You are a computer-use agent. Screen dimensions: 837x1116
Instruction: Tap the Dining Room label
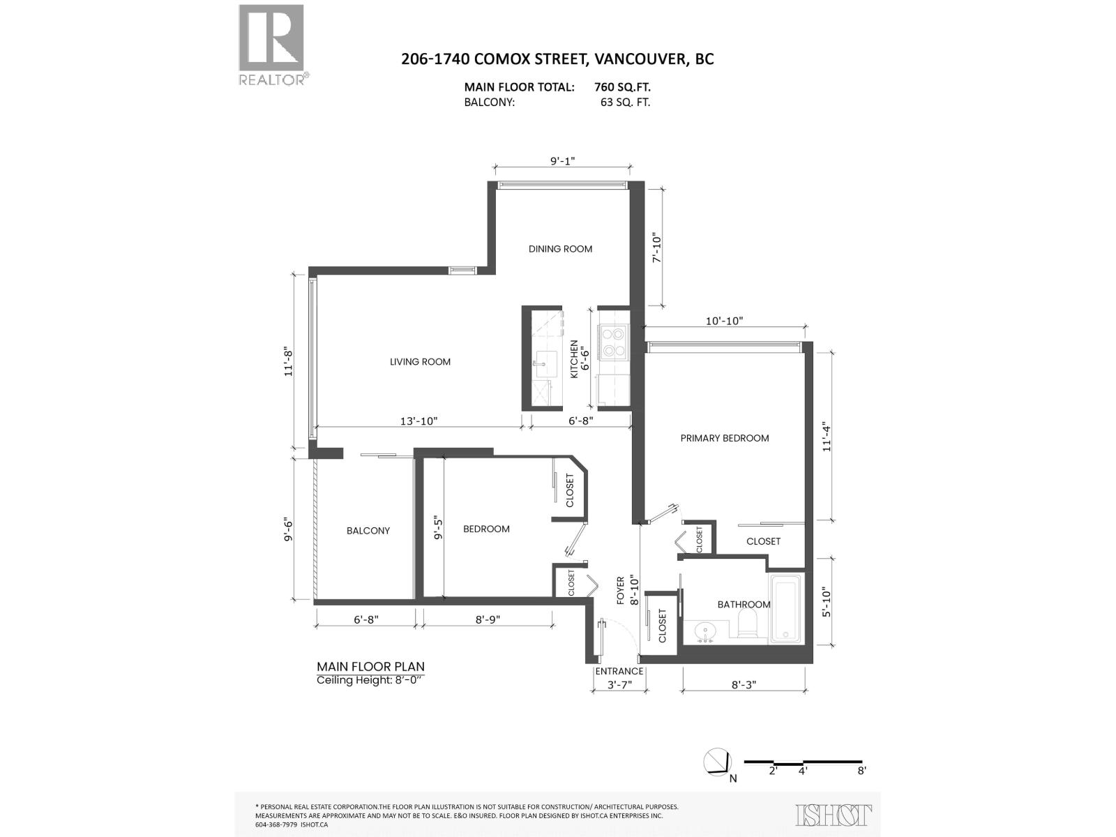(x=560, y=249)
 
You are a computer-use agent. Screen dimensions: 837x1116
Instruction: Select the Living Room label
(x=420, y=362)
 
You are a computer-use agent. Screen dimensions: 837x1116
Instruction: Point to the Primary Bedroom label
(x=725, y=438)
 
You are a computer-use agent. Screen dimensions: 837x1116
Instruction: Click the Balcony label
(x=368, y=531)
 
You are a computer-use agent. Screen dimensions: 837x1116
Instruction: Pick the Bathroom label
(x=744, y=605)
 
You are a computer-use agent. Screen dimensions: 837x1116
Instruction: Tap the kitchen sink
(x=542, y=362)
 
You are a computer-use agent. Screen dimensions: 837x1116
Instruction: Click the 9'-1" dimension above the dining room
(x=562, y=161)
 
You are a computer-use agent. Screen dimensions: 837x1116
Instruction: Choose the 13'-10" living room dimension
(x=418, y=421)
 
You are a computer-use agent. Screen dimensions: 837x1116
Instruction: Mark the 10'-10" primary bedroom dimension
(x=725, y=322)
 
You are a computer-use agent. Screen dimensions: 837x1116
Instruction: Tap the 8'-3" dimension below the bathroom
(x=744, y=685)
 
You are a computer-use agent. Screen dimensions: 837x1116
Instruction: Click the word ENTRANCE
(x=619, y=672)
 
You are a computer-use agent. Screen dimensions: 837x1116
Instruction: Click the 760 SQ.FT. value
(x=620, y=87)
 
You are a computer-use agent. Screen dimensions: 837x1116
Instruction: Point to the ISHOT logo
(x=834, y=815)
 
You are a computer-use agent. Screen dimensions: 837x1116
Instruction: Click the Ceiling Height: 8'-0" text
(x=370, y=680)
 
